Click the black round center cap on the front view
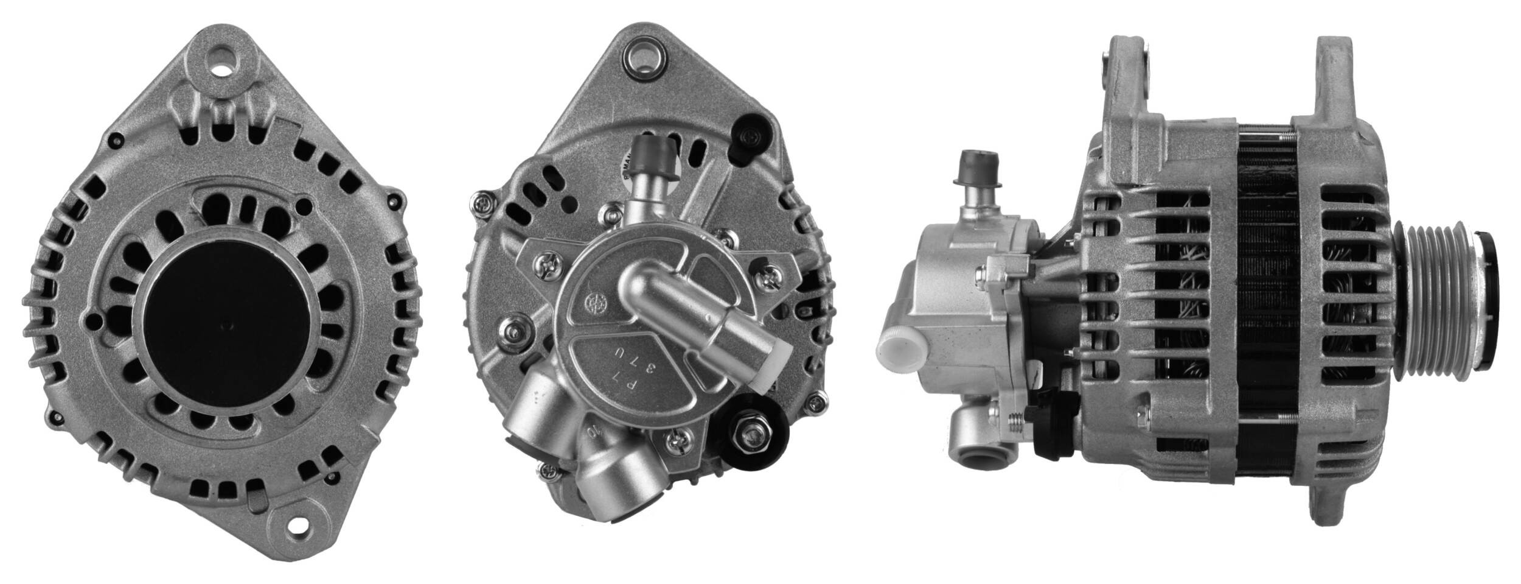[229, 325]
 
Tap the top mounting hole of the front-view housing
[221, 63]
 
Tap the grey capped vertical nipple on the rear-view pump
[653, 155]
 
